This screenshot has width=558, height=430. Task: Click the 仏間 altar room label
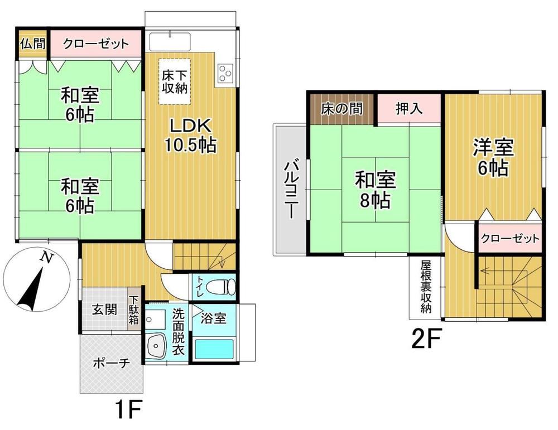click(33, 44)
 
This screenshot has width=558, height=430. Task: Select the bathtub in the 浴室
click(214, 349)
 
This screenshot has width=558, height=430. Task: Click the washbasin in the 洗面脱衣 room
click(156, 345)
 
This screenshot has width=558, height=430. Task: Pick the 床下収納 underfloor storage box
click(174, 81)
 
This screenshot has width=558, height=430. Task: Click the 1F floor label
click(128, 410)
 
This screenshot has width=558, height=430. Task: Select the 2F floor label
click(426, 339)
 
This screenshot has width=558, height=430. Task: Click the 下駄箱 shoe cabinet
click(133, 309)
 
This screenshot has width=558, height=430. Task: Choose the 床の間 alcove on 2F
click(341, 109)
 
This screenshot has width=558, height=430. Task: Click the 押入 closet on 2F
click(409, 109)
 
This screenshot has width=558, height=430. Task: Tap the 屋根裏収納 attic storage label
click(426, 287)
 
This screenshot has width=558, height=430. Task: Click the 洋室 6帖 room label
click(493, 157)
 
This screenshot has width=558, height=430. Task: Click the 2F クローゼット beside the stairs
click(510, 238)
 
